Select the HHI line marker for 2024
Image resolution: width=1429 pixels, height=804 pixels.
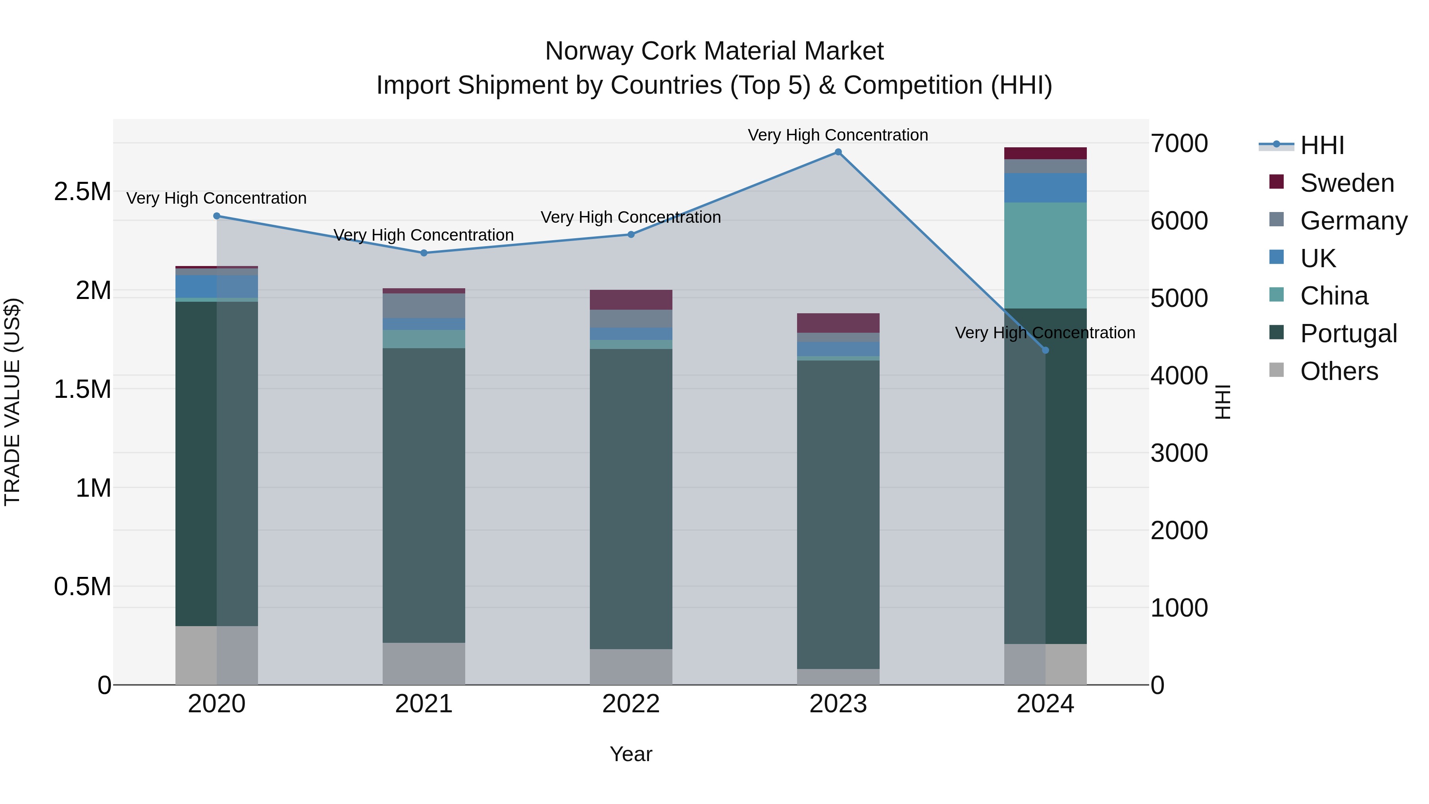(x=1045, y=350)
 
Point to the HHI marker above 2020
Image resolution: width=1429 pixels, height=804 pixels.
(x=217, y=216)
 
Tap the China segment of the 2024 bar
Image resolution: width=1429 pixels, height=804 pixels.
(x=1045, y=255)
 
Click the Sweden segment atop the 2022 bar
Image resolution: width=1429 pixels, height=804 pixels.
(x=631, y=300)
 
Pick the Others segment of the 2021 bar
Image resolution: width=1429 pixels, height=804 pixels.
(x=424, y=663)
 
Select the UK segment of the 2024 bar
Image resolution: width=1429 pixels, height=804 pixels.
(x=1045, y=187)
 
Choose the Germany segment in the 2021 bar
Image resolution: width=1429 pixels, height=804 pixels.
(x=424, y=306)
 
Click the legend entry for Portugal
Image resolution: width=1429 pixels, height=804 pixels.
(x=1348, y=334)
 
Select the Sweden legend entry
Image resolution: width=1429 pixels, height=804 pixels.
(x=1346, y=183)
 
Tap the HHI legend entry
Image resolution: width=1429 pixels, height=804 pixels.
(x=1321, y=145)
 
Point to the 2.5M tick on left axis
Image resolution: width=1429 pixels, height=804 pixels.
(x=83, y=191)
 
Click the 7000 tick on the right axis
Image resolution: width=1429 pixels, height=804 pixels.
(x=1179, y=143)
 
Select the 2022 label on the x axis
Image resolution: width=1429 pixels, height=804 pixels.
(x=631, y=704)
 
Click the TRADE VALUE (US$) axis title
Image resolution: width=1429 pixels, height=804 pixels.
(x=12, y=402)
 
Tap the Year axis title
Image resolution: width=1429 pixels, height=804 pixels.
(x=631, y=754)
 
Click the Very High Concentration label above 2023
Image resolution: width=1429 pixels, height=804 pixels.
(x=838, y=135)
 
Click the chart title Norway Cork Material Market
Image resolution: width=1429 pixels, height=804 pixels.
(x=714, y=51)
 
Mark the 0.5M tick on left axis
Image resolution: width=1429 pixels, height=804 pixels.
(x=83, y=586)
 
